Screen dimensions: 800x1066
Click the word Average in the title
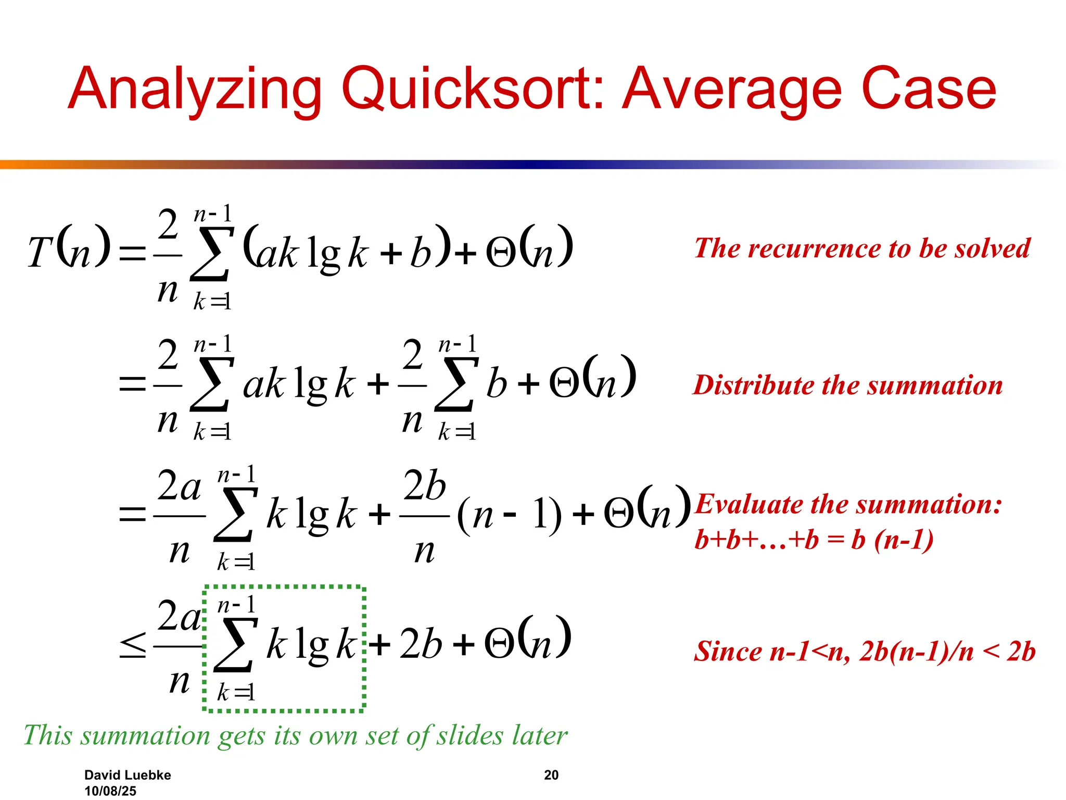[x=731, y=90]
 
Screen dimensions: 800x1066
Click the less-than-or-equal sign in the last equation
[x=133, y=645]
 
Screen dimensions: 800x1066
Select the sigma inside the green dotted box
[x=235, y=645]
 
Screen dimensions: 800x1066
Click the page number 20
[x=551, y=775]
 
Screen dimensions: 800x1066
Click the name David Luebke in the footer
[x=128, y=775]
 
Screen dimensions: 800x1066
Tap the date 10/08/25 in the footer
[x=110, y=791]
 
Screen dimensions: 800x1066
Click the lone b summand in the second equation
[x=496, y=385]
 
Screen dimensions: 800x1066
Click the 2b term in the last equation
[x=421, y=644]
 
